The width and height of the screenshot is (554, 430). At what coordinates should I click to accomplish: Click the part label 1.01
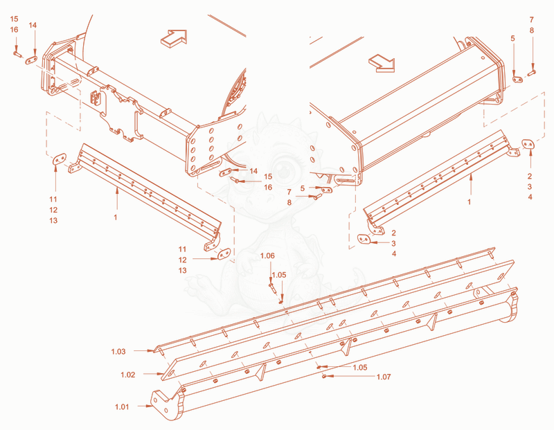pyautogui.click(x=122, y=406)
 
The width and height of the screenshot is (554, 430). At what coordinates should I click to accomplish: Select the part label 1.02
pyautogui.click(x=128, y=375)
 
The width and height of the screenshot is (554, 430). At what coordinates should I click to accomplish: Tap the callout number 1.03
pyautogui.click(x=118, y=352)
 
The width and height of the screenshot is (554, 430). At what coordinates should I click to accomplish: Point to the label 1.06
pyautogui.click(x=267, y=256)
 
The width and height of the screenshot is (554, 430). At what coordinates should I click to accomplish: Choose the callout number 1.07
pyautogui.click(x=384, y=377)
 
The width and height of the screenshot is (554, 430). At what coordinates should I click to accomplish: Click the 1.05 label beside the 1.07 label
pyautogui.click(x=360, y=368)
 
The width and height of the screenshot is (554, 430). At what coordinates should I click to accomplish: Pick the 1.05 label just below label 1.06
pyautogui.click(x=279, y=275)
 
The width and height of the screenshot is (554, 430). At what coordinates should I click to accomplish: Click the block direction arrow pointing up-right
pyautogui.click(x=174, y=38)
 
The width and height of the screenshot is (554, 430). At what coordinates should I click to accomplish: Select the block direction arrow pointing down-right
pyautogui.click(x=382, y=63)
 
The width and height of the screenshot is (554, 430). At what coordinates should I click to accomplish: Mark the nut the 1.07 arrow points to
pyautogui.click(x=324, y=376)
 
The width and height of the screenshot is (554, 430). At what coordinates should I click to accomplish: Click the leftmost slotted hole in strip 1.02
pyautogui.click(x=172, y=373)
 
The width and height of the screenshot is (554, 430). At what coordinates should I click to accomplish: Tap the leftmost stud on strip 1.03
pyautogui.click(x=161, y=351)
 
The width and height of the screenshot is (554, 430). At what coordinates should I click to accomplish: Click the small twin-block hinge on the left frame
pyautogui.click(x=96, y=98)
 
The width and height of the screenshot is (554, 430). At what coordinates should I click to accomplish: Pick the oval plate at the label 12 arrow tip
pyautogui.click(x=224, y=253)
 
